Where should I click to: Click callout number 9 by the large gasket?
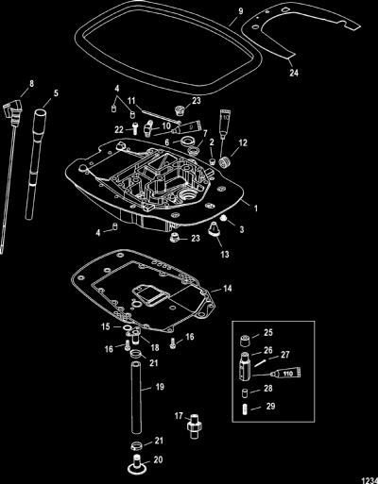(241, 11)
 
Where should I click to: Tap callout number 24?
(294, 73)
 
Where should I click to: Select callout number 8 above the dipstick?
(31, 84)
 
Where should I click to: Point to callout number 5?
(56, 93)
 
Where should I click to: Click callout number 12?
(243, 142)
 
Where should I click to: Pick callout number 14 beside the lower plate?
(228, 288)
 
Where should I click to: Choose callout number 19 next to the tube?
(160, 387)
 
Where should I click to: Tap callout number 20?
(158, 459)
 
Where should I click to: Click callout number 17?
(179, 416)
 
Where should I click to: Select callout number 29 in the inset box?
(270, 406)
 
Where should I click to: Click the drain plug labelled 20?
(137, 463)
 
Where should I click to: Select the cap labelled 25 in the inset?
(245, 341)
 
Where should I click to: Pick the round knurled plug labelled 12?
(226, 161)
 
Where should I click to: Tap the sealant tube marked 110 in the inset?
(285, 374)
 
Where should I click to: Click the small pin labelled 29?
(245, 410)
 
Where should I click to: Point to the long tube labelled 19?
(136, 398)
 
